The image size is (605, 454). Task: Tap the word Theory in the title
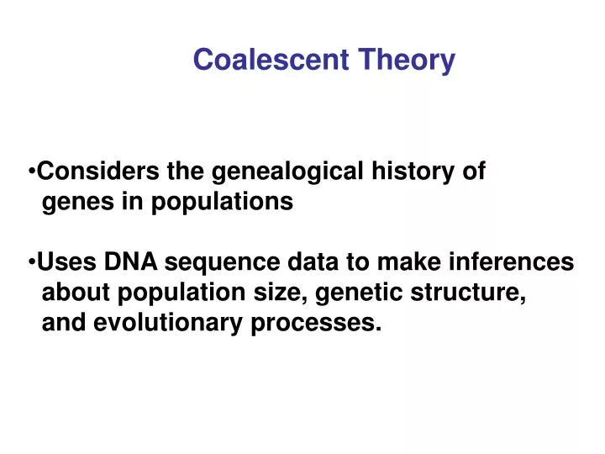(407, 60)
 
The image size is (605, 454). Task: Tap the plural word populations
(222, 203)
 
